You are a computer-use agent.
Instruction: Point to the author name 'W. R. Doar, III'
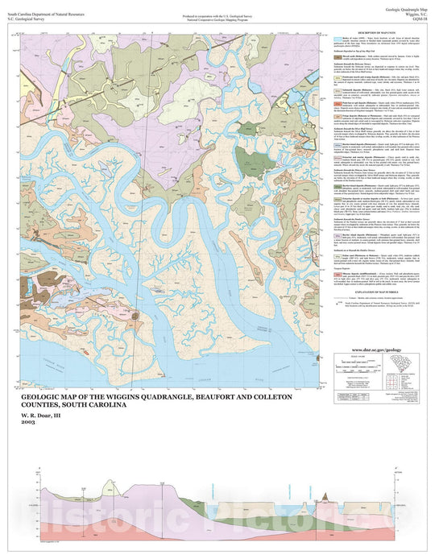(39, 414)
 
